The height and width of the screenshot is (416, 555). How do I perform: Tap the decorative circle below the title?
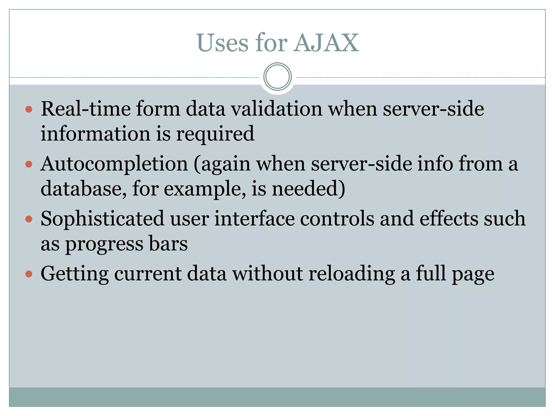[277, 77]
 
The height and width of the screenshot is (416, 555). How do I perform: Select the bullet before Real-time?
[29, 109]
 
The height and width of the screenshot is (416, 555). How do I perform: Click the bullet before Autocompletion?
[29, 164]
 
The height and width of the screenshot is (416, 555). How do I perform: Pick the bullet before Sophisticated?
[29, 219]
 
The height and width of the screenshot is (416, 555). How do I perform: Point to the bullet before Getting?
[29, 274]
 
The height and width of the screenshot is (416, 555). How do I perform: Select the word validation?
[276, 109]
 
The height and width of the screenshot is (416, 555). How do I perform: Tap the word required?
[215, 134]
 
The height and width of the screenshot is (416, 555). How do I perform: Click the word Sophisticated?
[102, 219]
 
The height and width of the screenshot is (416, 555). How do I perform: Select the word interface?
[254, 219]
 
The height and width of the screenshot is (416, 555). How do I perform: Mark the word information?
[95, 134]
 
